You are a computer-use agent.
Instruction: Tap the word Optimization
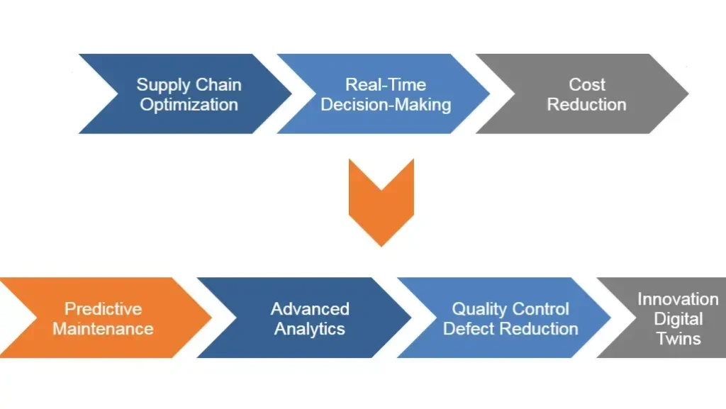click(x=189, y=105)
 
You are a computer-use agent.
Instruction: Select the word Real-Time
click(x=386, y=85)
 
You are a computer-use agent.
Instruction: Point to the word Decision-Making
click(x=386, y=105)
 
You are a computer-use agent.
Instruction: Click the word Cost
click(x=587, y=85)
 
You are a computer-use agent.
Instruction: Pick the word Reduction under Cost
click(x=587, y=105)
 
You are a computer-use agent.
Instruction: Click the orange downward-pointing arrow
click(x=381, y=202)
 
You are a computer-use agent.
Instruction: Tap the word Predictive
click(x=104, y=309)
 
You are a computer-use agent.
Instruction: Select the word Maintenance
click(x=104, y=329)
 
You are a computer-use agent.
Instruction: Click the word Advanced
click(x=310, y=309)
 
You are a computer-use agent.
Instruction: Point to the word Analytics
click(x=310, y=329)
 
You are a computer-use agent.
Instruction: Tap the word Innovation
click(x=678, y=299)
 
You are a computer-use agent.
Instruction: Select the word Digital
click(x=678, y=319)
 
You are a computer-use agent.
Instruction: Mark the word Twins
click(x=678, y=338)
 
